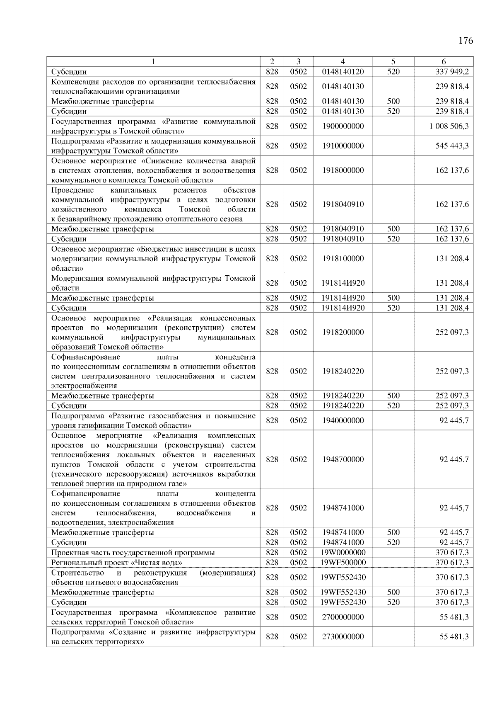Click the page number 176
[x=466, y=41]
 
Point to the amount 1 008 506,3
[x=449, y=126]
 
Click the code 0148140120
[x=343, y=72]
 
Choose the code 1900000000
[x=343, y=126]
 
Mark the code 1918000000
[x=343, y=170]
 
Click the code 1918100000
[x=343, y=258]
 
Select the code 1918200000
[x=343, y=332]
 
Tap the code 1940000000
[x=343, y=420]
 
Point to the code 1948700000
[x=343, y=459]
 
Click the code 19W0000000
[x=343, y=552]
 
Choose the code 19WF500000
[x=343, y=563]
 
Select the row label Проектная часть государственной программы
[x=133, y=552]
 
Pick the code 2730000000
[x=343, y=636]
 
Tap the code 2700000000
[x=343, y=617]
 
